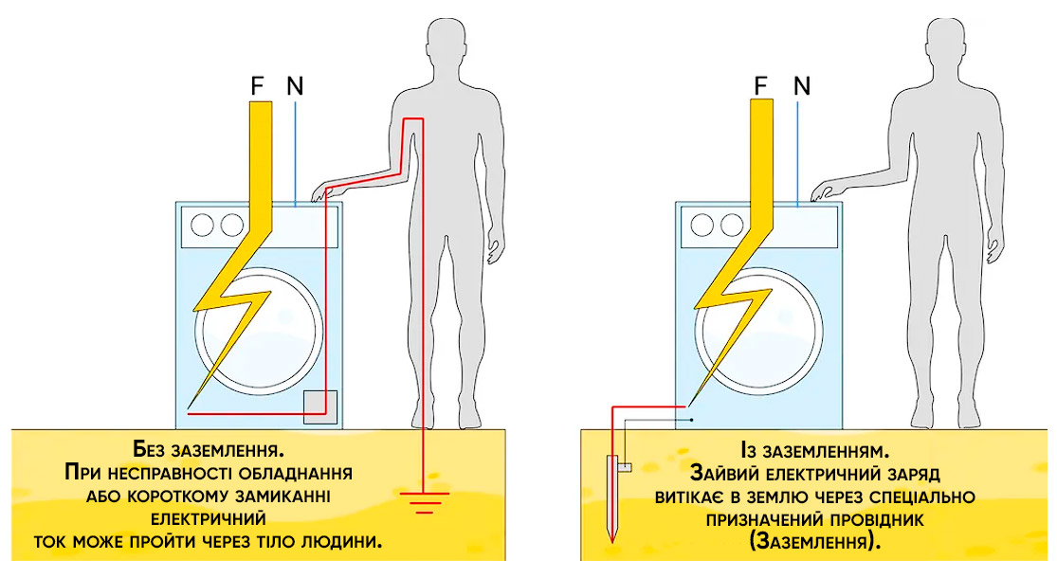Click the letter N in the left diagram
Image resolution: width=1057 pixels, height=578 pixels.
click(295, 86)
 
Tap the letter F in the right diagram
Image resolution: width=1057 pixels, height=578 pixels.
click(759, 86)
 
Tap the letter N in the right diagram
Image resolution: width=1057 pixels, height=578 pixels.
click(802, 86)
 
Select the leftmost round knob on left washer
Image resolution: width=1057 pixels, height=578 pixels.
click(202, 225)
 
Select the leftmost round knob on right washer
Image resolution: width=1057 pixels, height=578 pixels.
click(702, 225)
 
